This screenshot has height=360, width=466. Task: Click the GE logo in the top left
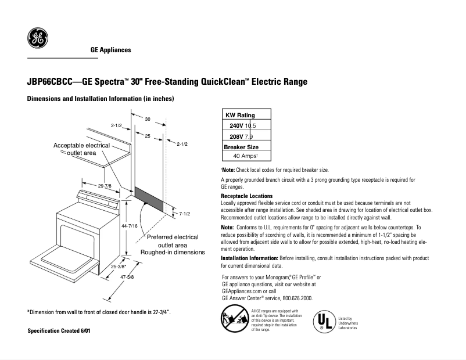coord(38,39)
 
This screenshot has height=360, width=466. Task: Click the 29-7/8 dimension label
coord(105,185)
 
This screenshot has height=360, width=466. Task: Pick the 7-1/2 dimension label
coord(185,214)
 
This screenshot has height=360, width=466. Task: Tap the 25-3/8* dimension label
coord(118,267)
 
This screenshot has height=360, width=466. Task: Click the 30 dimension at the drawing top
coord(148,119)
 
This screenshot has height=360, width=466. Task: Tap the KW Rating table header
coord(240,115)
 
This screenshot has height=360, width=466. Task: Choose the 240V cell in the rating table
coord(236,126)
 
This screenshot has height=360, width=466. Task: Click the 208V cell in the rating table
coord(236,136)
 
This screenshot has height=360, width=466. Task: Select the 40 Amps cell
coord(245,156)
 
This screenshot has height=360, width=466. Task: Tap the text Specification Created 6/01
coord(59,330)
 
